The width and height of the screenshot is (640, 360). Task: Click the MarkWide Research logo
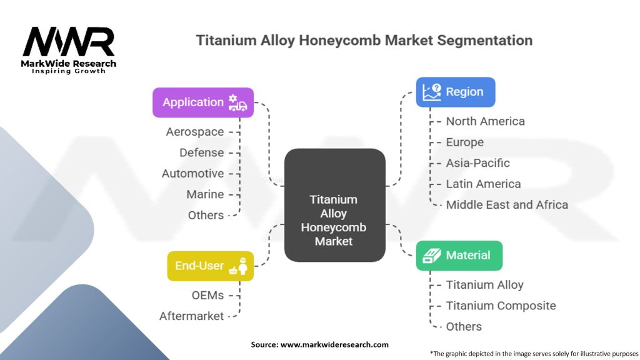click(x=69, y=49)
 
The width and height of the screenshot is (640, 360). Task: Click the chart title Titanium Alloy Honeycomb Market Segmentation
click(x=364, y=41)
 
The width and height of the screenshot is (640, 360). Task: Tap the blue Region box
click(x=456, y=92)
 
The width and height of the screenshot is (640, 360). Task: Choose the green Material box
click(x=459, y=255)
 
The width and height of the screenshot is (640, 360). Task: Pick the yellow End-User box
click(x=210, y=266)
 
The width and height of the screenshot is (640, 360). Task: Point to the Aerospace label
click(x=194, y=132)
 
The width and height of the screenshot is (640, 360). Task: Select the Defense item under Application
click(x=201, y=152)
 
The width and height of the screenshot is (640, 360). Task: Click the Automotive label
click(x=192, y=173)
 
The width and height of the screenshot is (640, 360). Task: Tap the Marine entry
click(x=205, y=194)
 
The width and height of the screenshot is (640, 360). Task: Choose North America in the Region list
click(x=485, y=121)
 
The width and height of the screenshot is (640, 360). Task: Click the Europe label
click(x=464, y=142)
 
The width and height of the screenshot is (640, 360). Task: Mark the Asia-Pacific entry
click(x=477, y=163)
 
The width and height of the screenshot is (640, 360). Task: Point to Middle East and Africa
click(x=507, y=204)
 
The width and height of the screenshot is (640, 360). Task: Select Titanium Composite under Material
click(x=501, y=306)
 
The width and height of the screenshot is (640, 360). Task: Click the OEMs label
click(x=207, y=295)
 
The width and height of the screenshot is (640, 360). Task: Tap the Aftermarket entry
click(x=191, y=316)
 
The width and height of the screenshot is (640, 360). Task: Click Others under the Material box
click(x=464, y=326)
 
